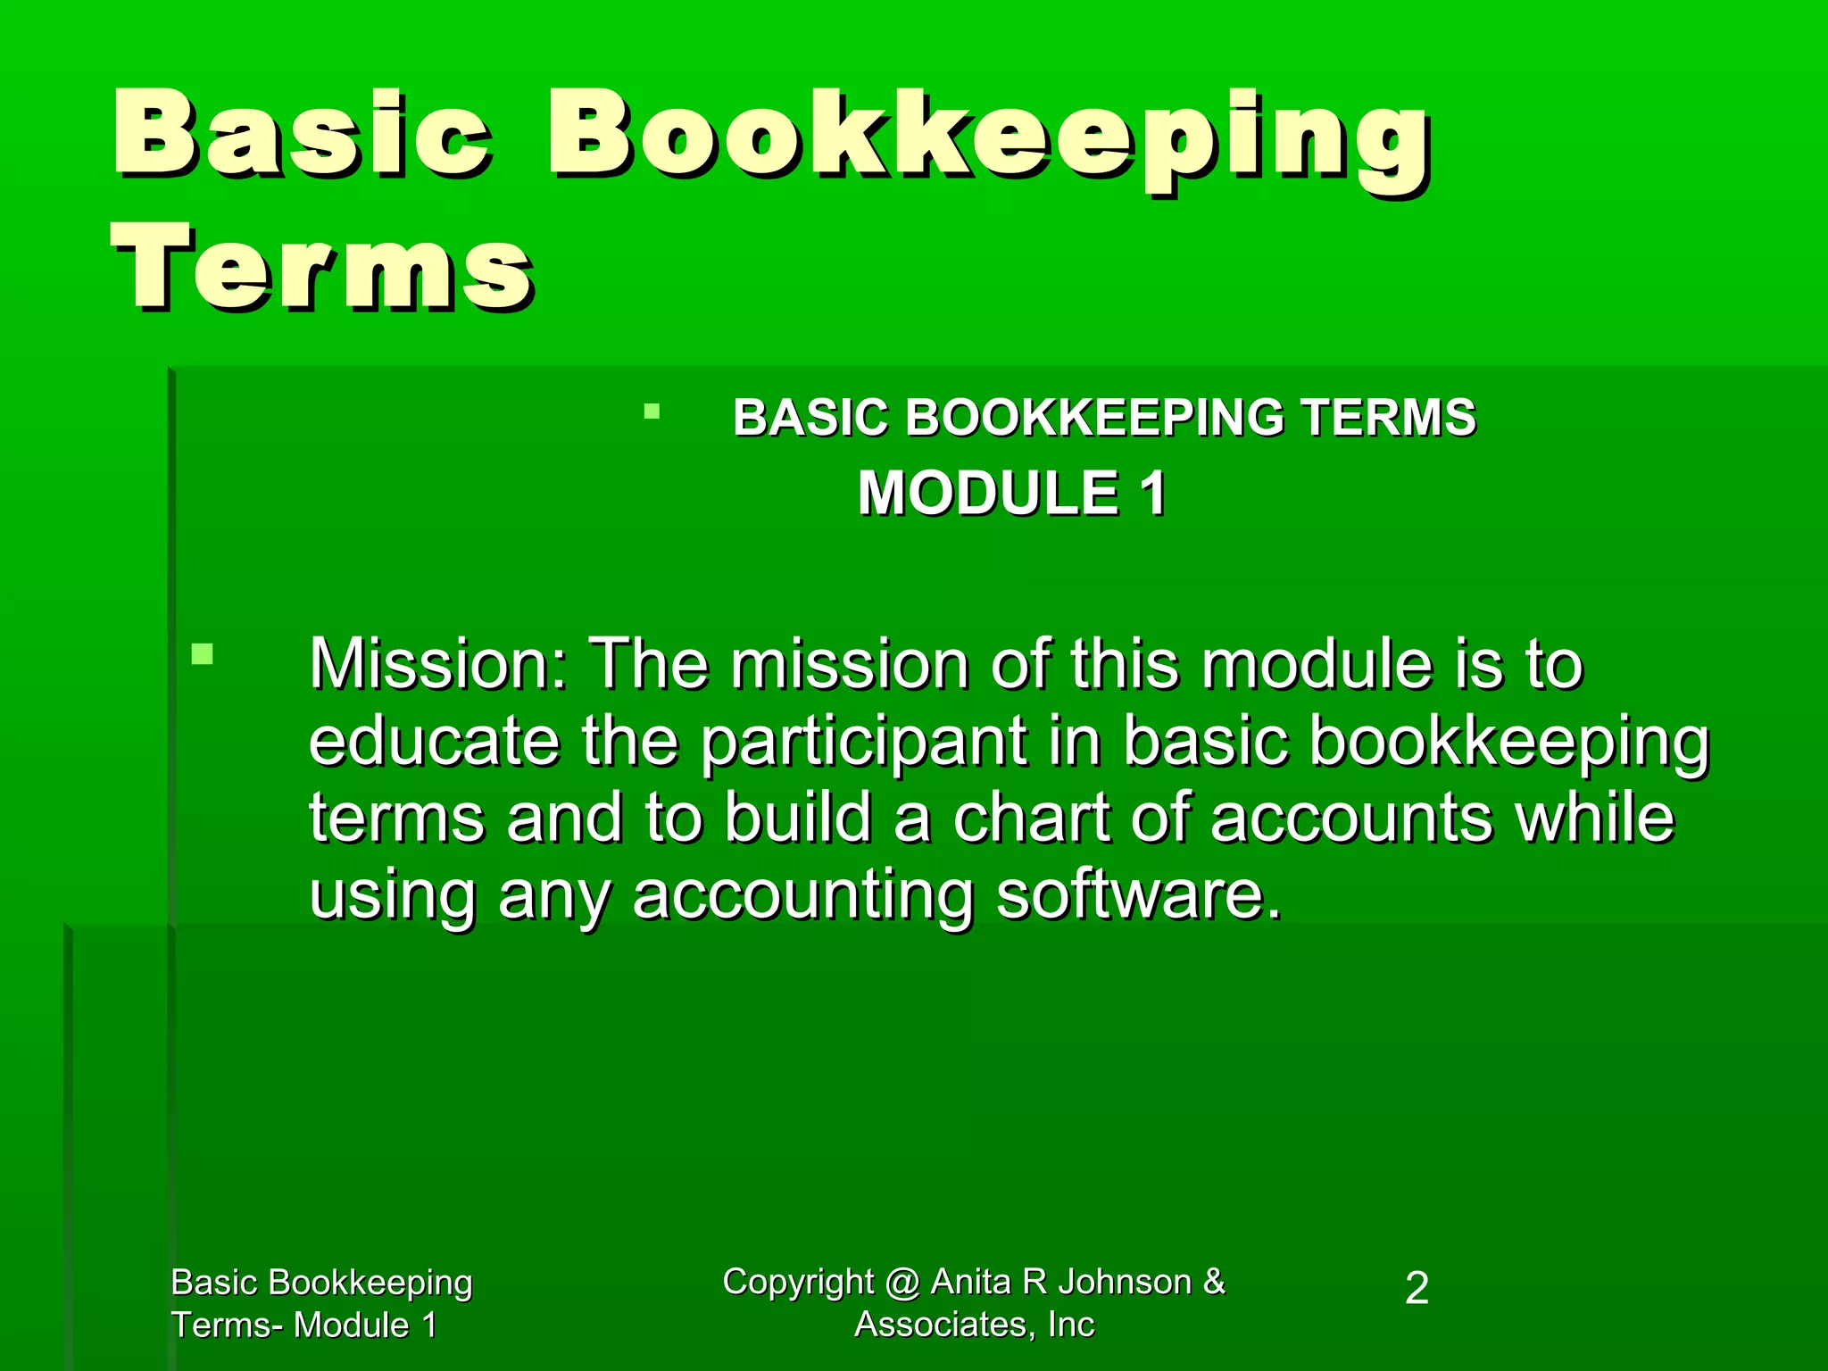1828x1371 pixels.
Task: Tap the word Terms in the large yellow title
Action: click(323, 268)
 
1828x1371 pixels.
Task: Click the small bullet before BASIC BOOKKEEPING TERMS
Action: click(652, 411)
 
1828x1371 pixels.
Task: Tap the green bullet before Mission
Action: click(203, 654)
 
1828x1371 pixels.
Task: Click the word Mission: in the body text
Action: click(438, 665)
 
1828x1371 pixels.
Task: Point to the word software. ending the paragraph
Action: click(1139, 895)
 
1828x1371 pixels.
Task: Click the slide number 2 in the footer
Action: click(1417, 1289)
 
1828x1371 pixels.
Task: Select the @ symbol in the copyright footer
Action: click(902, 1283)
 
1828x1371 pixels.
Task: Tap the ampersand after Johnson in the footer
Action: click(1214, 1282)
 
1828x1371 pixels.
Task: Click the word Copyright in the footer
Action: click(798, 1283)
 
